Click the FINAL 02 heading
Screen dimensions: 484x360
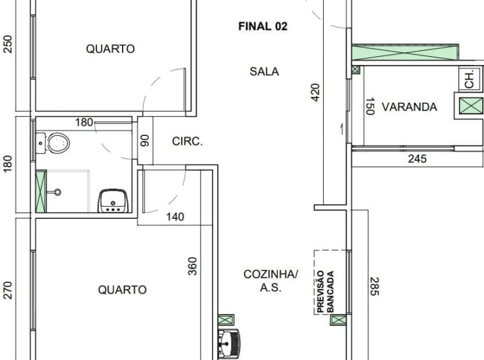(x=262, y=26)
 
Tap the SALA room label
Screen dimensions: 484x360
(x=264, y=71)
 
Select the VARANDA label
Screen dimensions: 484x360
(x=409, y=107)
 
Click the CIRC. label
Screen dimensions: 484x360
(x=187, y=141)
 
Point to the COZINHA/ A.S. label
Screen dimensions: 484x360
(x=271, y=281)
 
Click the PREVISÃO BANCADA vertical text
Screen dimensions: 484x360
(x=326, y=292)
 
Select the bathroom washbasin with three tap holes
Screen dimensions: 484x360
(x=113, y=201)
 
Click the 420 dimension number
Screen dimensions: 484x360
(x=315, y=92)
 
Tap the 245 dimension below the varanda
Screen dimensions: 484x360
(x=418, y=159)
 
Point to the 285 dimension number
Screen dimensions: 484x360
(x=374, y=287)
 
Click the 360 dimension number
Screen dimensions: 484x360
(x=192, y=266)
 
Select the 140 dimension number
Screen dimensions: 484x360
(x=175, y=217)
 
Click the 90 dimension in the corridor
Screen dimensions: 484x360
(x=145, y=140)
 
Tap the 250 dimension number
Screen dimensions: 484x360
(x=8, y=45)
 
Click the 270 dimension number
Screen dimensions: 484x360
(x=8, y=290)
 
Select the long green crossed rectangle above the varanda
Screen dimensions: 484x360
(x=405, y=52)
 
